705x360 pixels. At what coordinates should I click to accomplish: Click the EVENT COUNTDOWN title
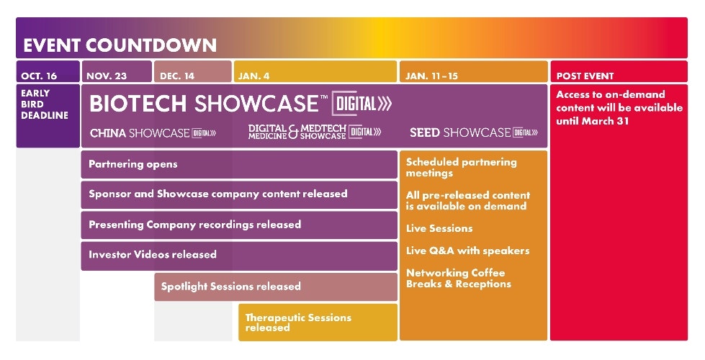[x=120, y=45]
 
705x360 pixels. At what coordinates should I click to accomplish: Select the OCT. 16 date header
[x=39, y=76]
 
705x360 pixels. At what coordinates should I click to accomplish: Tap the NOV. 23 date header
[x=107, y=76]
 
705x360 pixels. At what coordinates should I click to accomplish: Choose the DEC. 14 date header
[x=177, y=76]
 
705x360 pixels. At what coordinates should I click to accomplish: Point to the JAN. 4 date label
[x=253, y=76]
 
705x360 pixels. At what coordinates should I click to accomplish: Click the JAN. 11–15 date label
[x=431, y=76]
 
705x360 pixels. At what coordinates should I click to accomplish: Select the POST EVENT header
[x=585, y=76]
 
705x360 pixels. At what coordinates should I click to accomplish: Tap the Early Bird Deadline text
[x=45, y=104]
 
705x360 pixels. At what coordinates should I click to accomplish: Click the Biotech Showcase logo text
[x=241, y=104]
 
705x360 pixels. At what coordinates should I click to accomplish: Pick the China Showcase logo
[x=153, y=133]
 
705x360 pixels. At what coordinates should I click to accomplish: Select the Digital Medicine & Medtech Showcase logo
[x=315, y=132]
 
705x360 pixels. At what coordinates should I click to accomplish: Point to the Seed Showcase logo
[x=474, y=132]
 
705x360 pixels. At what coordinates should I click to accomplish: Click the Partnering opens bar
[x=239, y=164]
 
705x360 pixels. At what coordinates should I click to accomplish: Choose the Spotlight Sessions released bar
[x=276, y=287]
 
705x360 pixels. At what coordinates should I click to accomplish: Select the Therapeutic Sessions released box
[x=318, y=323]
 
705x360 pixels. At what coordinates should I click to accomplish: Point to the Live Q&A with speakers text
[x=467, y=251]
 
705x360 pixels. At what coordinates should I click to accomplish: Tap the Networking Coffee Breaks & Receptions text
[x=459, y=278]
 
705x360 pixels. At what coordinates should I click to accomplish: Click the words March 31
[x=605, y=122]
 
